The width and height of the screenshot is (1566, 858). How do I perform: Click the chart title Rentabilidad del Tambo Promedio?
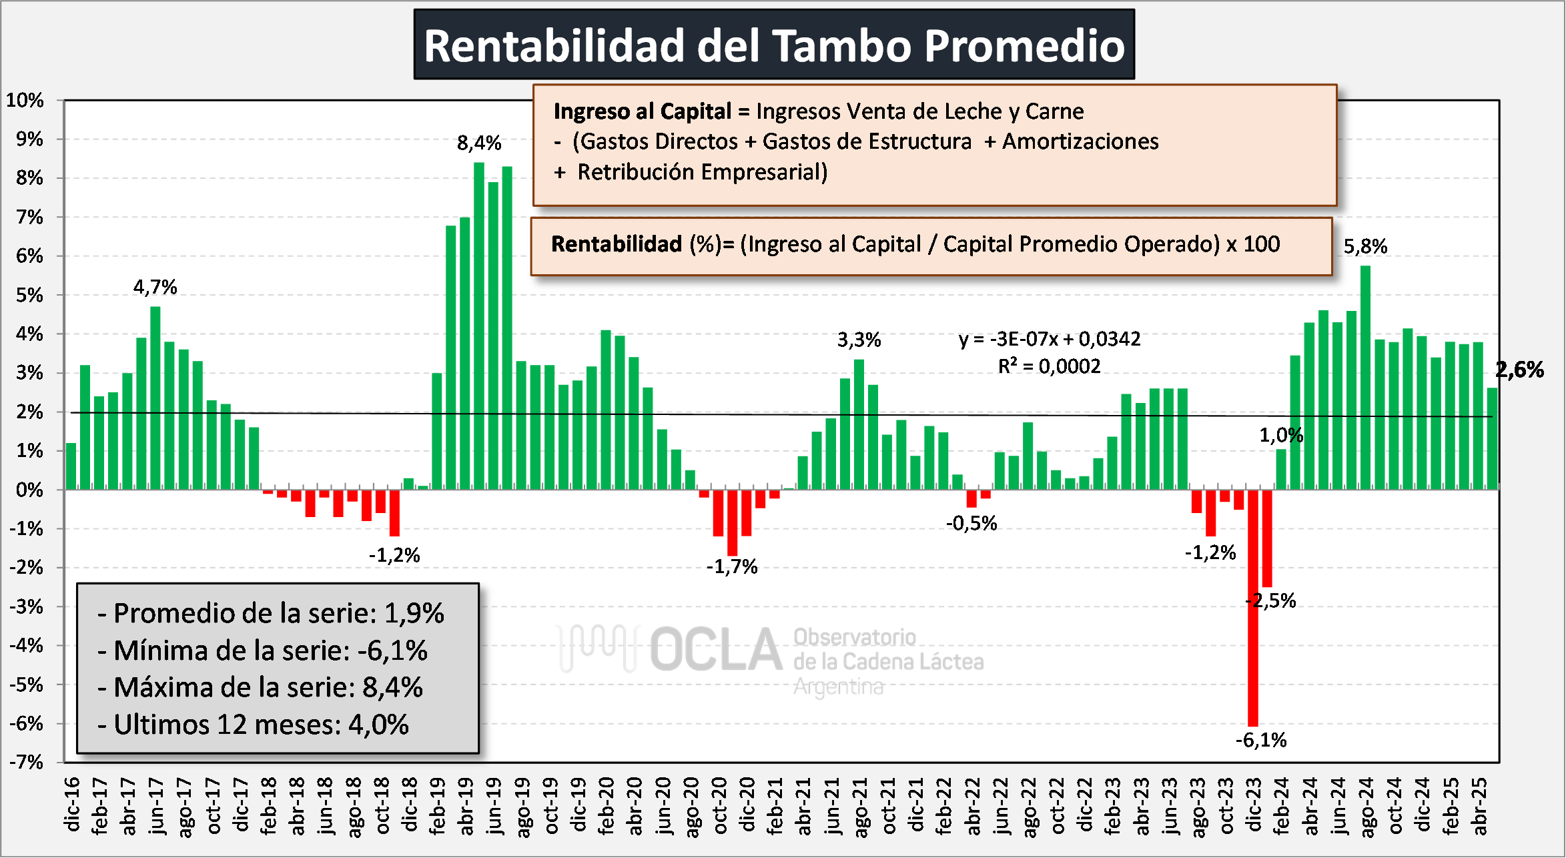(x=774, y=45)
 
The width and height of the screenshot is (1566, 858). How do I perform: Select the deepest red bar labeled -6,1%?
(x=1253, y=607)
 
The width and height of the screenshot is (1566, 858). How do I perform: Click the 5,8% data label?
(x=1365, y=247)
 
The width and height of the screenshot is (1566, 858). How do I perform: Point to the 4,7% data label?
(x=155, y=287)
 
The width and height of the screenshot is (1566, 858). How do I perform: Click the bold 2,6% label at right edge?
(x=1521, y=370)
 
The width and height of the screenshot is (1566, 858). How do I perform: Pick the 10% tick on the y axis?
(x=25, y=101)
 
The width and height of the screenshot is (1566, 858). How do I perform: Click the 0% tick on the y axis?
(x=29, y=490)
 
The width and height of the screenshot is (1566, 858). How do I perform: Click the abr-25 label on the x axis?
(x=1479, y=806)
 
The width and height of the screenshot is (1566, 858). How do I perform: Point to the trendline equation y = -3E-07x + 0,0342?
(x=1050, y=339)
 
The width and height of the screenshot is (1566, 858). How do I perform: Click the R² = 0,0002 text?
(x=1049, y=366)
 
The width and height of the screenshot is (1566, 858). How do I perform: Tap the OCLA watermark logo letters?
(x=715, y=649)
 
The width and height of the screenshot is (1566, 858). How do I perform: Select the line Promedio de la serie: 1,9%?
(x=272, y=613)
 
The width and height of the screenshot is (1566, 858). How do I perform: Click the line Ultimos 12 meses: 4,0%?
(x=254, y=725)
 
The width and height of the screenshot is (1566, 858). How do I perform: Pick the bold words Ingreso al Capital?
(x=642, y=111)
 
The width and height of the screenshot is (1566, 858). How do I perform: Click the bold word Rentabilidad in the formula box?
(x=617, y=244)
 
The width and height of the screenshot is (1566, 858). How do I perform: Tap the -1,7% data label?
(x=732, y=567)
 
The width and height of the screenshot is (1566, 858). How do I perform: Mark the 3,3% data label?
(x=859, y=340)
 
